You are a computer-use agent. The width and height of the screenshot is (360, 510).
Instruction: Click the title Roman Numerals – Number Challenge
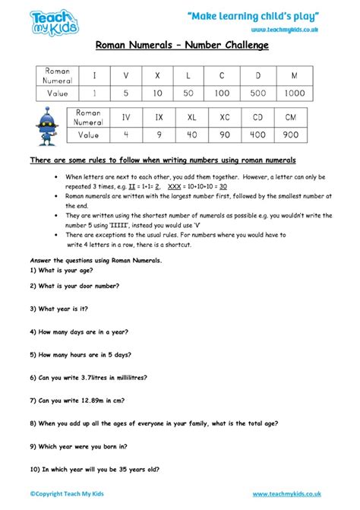click(182, 46)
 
